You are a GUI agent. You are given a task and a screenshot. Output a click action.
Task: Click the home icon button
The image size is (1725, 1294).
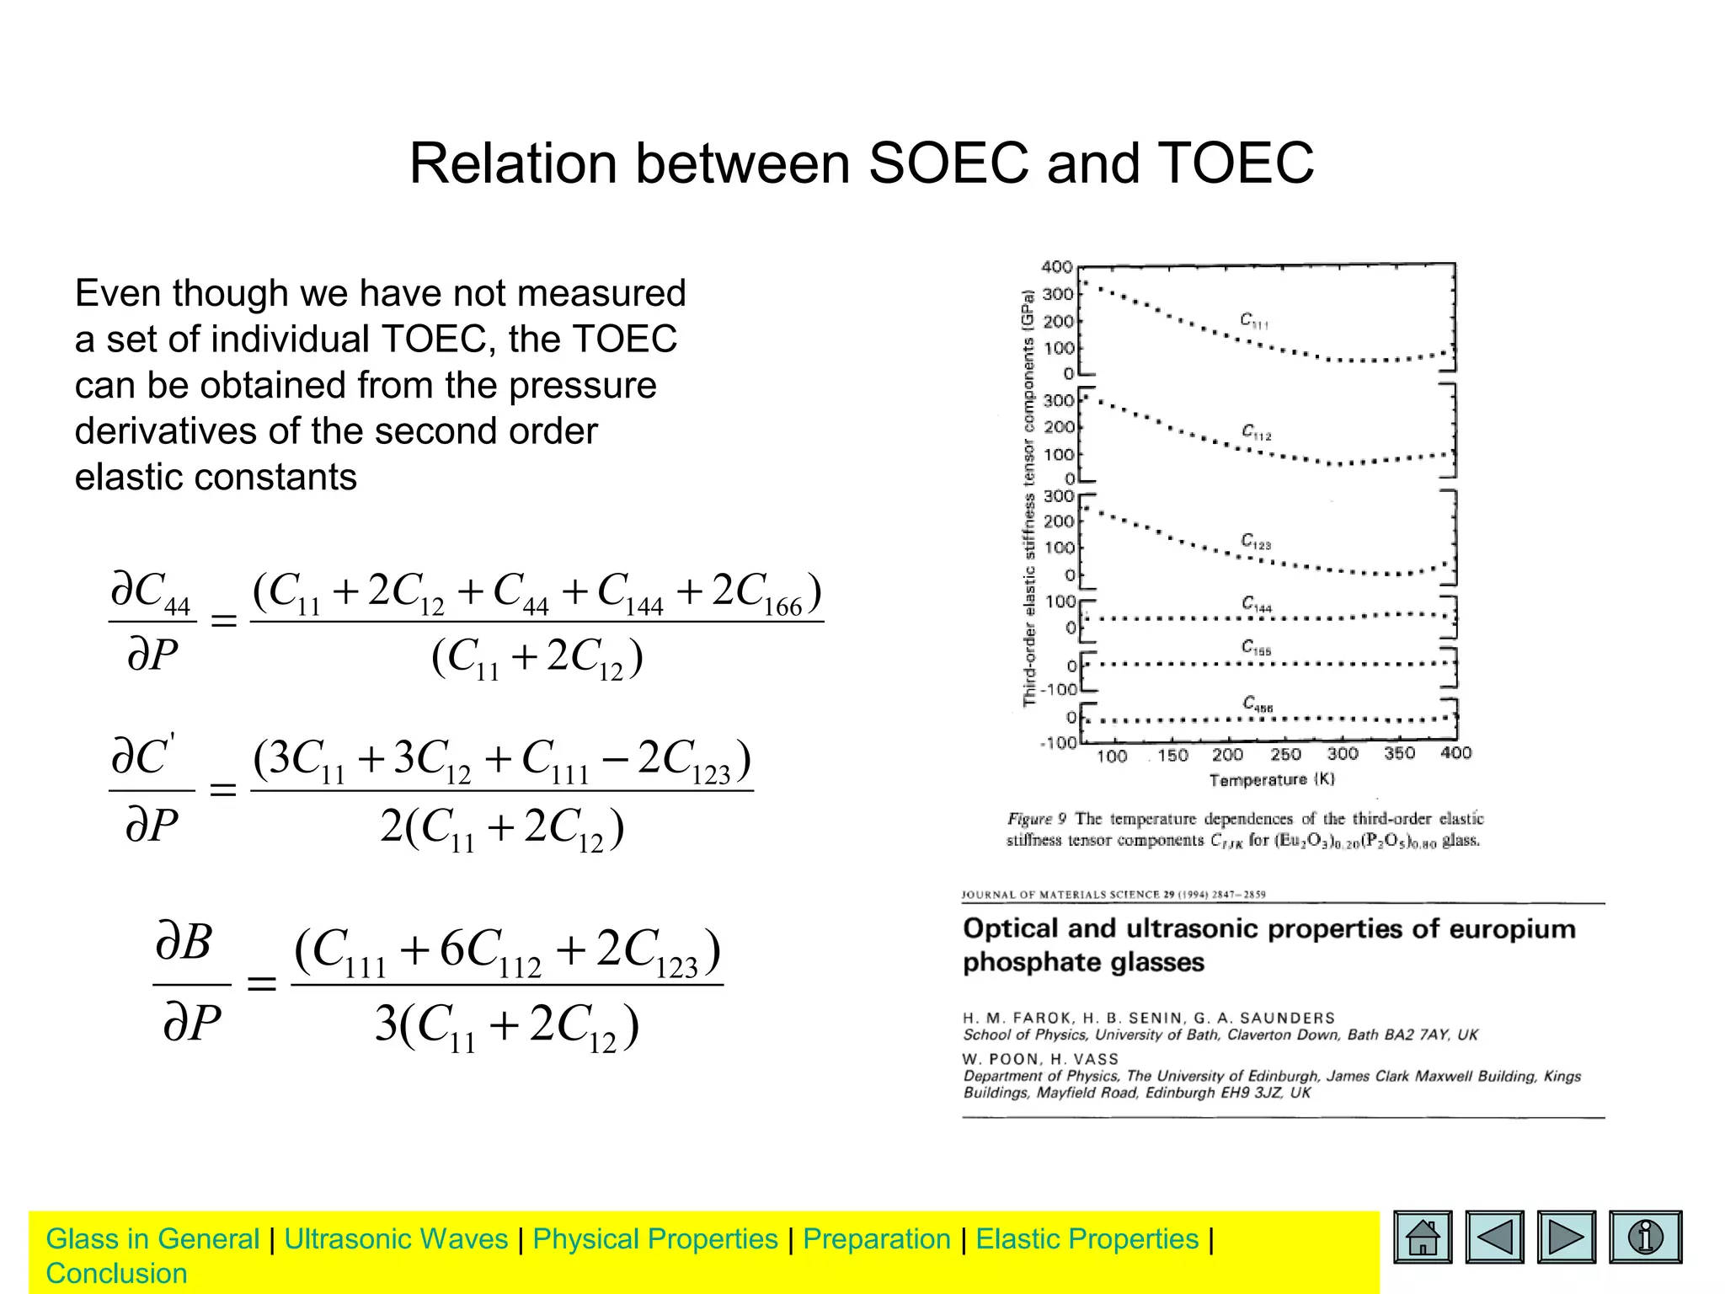[x=1423, y=1237]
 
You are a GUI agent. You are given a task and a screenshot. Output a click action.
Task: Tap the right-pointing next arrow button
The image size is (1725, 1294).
[x=1566, y=1237]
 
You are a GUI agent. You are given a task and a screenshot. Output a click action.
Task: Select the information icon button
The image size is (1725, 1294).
[x=1645, y=1237]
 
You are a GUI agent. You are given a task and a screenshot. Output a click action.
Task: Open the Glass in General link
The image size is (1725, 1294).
[x=152, y=1239]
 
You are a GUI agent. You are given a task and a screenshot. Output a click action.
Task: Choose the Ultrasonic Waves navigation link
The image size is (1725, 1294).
[x=396, y=1239]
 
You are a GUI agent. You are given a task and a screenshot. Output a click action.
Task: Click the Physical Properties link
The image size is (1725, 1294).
[x=655, y=1239]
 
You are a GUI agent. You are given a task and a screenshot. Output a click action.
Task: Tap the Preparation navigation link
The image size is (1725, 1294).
[x=876, y=1239]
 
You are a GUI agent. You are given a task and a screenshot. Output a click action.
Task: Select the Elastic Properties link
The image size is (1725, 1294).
[x=1087, y=1239]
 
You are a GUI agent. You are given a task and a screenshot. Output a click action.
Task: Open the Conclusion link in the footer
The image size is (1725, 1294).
[x=116, y=1274]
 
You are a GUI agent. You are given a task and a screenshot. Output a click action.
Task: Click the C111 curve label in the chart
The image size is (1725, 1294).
[x=1253, y=319]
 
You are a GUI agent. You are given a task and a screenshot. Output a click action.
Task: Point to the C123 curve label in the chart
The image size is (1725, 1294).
[x=1255, y=541]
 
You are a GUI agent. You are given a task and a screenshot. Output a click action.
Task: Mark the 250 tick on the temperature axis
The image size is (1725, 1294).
[x=1285, y=755]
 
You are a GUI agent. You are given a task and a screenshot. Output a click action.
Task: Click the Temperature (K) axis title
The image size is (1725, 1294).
[x=1272, y=780]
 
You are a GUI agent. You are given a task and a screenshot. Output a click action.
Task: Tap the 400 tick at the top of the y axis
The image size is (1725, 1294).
[x=1057, y=267]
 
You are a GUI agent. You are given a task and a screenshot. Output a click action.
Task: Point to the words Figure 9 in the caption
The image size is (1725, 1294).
[x=1037, y=819]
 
